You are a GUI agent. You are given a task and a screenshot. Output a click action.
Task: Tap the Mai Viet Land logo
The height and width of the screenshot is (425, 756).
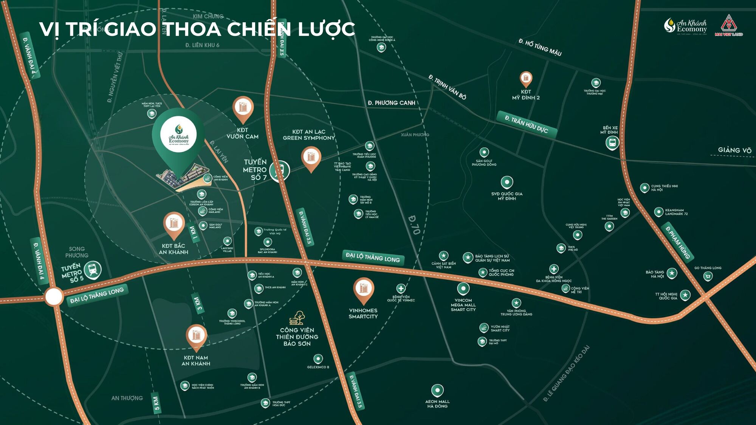(x=728, y=25)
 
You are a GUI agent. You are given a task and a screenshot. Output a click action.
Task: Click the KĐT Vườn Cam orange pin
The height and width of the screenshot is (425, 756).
(x=243, y=108)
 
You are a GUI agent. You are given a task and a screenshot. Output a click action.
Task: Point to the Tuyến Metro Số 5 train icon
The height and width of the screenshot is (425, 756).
(x=93, y=270)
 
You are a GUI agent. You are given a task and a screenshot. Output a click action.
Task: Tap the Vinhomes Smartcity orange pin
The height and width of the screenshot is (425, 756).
(x=363, y=289)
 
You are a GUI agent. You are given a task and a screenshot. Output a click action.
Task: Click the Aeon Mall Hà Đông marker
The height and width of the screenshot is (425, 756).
(x=437, y=390)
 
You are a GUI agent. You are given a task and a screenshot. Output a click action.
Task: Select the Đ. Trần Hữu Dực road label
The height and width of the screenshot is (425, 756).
(x=527, y=124)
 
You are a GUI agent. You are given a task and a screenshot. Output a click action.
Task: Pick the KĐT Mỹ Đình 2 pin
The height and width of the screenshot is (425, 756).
(x=526, y=79)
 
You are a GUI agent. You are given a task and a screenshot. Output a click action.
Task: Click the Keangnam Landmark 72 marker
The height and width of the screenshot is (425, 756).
(x=659, y=212)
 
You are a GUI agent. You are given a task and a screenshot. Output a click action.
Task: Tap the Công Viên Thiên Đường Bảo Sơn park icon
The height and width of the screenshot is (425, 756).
(x=297, y=318)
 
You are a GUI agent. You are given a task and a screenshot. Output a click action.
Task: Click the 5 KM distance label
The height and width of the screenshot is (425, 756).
(x=156, y=403)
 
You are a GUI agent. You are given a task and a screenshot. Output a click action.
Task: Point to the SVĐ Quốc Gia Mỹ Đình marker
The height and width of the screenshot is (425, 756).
(x=507, y=182)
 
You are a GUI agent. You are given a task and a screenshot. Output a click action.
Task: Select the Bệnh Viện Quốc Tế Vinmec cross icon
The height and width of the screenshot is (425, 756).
(x=401, y=289)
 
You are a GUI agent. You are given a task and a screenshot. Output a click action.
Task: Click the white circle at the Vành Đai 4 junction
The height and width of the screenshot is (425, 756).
(x=54, y=297)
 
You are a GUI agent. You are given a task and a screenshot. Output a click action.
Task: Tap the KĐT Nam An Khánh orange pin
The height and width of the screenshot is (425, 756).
(x=196, y=335)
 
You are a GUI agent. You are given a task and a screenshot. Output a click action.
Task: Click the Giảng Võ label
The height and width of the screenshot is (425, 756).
(x=734, y=150)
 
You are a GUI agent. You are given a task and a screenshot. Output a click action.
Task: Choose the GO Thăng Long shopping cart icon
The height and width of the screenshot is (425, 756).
(x=708, y=276)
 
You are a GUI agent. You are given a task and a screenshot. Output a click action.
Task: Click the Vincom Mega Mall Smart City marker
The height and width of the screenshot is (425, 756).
(x=463, y=289)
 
